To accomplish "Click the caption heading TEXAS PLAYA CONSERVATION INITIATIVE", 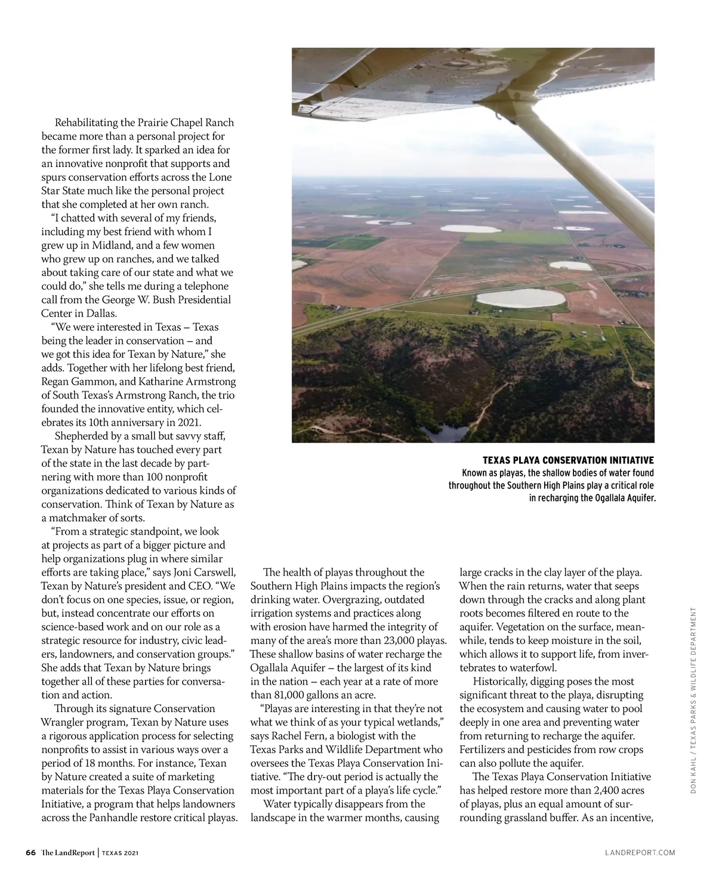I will click(x=568, y=460).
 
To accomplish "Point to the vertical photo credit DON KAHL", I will click(x=693, y=772).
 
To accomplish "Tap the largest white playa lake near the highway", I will click(x=520, y=299).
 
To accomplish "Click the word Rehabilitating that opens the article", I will click(x=87, y=123).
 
